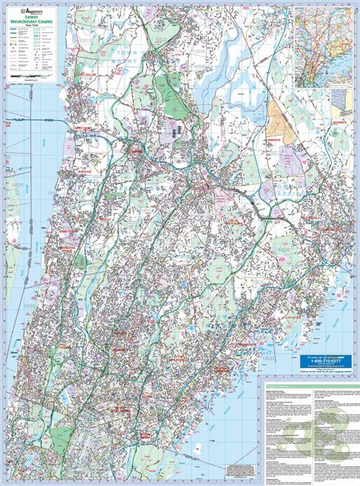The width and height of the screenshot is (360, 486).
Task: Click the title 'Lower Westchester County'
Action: [30, 22]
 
